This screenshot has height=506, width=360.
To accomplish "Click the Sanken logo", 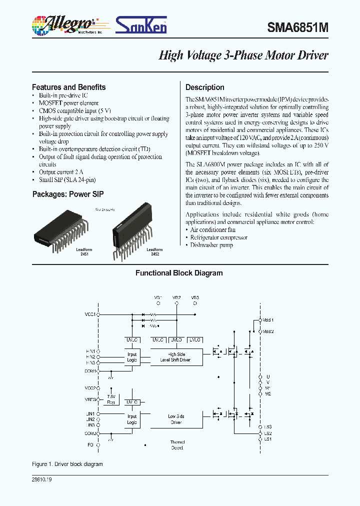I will (x=141, y=24).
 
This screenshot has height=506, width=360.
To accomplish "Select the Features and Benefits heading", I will (x=68, y=87).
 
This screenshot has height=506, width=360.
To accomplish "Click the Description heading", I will (x=205, y=87).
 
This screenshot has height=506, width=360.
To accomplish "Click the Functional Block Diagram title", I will (x=179, y=273).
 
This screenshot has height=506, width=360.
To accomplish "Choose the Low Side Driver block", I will (x=175, y=419).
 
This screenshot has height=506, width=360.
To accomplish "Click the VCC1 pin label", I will (x=90, y=314).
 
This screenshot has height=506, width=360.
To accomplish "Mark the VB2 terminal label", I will (x=176, y=297).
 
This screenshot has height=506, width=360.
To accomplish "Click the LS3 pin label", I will (x=268, y=427).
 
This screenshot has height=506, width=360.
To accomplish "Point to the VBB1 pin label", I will (x=268, y=320).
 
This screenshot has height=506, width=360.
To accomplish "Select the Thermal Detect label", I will (x=177, y=445).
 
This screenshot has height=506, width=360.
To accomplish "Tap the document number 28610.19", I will (x=42, y=479).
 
